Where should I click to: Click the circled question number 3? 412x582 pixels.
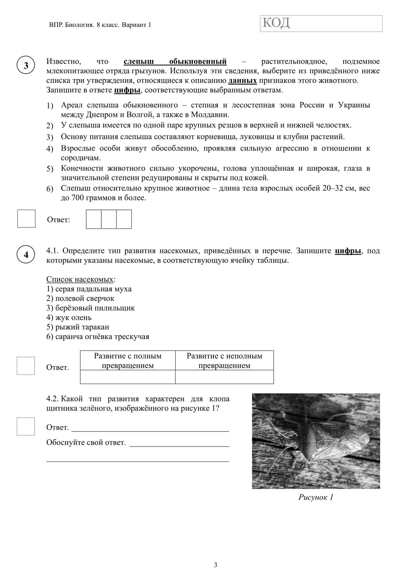pyautogui.click(x=26, y=66)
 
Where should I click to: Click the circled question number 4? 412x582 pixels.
pyautogui.click(x=26, y=255)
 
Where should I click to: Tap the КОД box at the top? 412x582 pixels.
pyautogui.click(x=321, y=23)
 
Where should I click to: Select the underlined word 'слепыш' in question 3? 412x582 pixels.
pyautogui.click(x=139, y=62)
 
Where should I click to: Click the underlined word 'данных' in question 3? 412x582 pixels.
pyautogui.click(x=242, y=81)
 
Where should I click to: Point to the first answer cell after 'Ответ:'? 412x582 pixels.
pyautogui.click(x=94, y=219)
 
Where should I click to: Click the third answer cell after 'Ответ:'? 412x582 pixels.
pyautogui.click(x=124, y=219)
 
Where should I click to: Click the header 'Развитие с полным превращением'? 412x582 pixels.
pyautogui.click(x=128, y=361)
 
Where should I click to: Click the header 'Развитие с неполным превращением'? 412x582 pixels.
pyautogui.click(x=224, y=361)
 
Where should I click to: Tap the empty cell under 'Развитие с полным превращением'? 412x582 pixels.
pyautogui.click(x=128, y=377)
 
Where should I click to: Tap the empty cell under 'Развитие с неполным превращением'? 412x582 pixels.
pyautogui.click(x=224, y=377)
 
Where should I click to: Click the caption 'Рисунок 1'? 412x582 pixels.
pyautogui.click(x=316, y=497)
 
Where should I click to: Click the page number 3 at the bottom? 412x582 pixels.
pyautogui.click(x=216, y=565)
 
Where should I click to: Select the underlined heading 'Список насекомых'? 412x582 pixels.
pyautogui.click(x=80, y=279)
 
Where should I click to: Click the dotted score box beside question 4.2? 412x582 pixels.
pyautogui.click(x=26, y=426)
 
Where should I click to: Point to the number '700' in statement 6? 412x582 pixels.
pyautogui.click(x=78, y=198)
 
